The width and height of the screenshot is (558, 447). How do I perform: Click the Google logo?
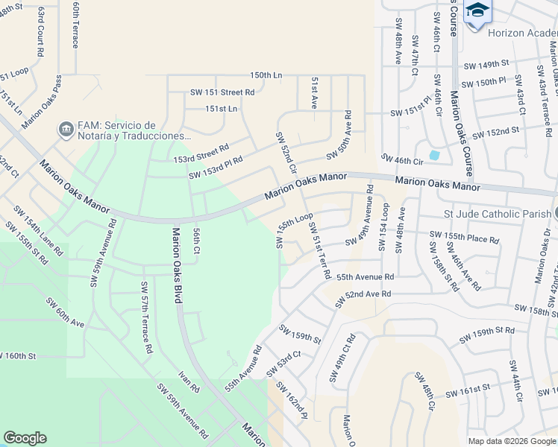[x=25, y=438]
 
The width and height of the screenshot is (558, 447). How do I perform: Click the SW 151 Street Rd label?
[x=222, y=92]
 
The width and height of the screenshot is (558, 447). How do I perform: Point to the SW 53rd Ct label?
[x=288, y=359]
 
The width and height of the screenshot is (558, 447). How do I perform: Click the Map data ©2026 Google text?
[x=512, y=441]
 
